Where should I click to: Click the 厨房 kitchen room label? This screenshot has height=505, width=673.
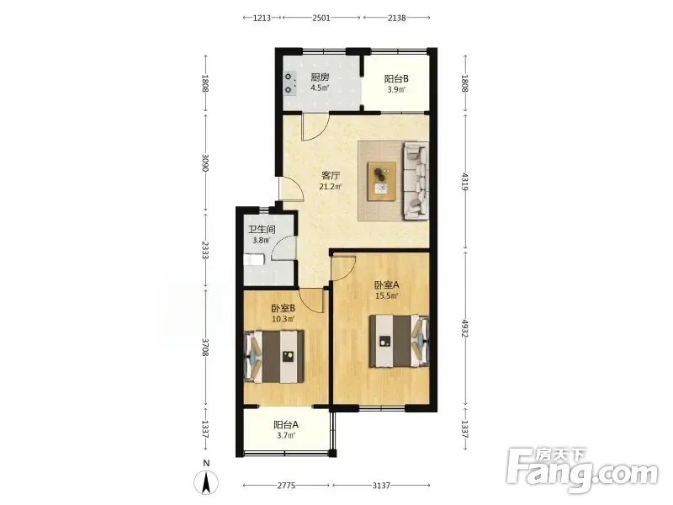click(x=320, y=77)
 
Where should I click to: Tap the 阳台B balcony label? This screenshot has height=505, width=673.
click(x=395, y=79)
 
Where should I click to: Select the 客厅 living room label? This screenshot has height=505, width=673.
click(x=331, y=176)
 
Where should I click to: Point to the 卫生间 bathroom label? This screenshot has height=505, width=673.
click(x=262, y=229)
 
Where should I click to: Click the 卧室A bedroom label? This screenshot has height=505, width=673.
click(x=387, y=284)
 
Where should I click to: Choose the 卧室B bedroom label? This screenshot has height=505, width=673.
click(x=283, y=308)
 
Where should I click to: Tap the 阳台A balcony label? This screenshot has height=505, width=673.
click(x=286, y=425)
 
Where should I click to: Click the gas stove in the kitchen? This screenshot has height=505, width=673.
click(x=289, y=83)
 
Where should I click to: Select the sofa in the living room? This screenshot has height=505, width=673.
click(x=415, y=180)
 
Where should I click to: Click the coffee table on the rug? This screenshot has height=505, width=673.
click(x=382, y=181)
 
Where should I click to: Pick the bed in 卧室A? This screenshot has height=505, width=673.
click(x=399, y=341)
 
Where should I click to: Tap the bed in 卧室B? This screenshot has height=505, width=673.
click(x=274, y=356)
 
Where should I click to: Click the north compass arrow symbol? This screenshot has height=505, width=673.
click(x=206, y=482)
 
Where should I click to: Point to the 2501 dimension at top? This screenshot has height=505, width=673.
click(x=321, y=18)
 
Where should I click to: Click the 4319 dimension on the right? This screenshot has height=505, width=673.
click(x=465, y=181)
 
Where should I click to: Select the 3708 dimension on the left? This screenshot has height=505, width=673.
click(x=205, y=348)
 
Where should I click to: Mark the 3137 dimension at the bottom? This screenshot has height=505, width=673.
click(x=381, y=486)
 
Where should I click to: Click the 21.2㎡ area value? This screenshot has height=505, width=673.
click(x=331, y=187)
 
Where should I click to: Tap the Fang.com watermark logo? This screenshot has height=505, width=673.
click(x=582, y=470)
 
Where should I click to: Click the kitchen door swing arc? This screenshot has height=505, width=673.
click(x=321, y=132)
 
